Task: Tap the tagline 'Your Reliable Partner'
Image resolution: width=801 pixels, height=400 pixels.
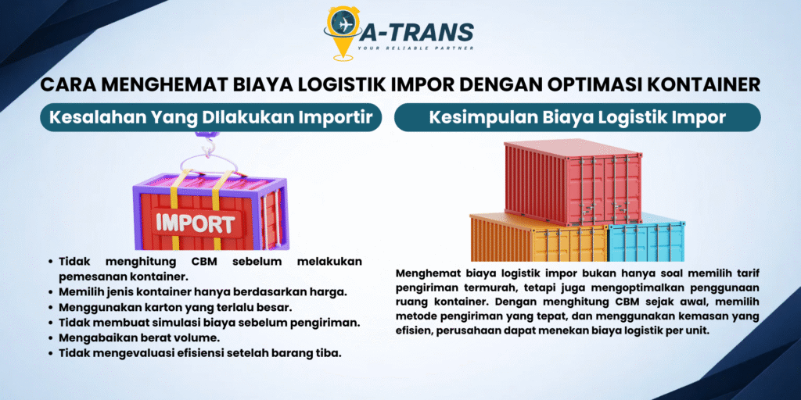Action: pyautogui.click(x=416, y=48)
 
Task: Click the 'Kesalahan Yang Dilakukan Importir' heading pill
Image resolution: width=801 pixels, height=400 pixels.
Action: pyautogui.click(x=211, y=117)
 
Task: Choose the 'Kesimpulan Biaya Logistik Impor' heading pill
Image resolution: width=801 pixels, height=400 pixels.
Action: pyautogui.click(x=577, y=117)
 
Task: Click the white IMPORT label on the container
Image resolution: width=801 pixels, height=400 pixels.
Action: pyautogui.click(x=196, y=223)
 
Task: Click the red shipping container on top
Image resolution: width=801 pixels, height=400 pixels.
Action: pyautogui.click(x=573, y=181)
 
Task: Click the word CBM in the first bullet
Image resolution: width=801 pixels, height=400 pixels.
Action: pyautogui.click(x=206, y=262)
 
